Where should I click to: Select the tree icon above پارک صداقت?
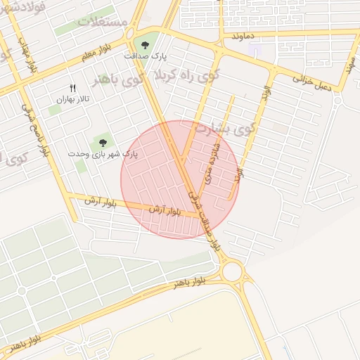click(146, 45)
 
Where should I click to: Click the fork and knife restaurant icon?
click(72, 88)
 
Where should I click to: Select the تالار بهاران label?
click(71, 100)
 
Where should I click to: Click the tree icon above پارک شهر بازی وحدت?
click(103, 143)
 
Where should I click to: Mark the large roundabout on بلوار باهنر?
click(231, 271)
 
